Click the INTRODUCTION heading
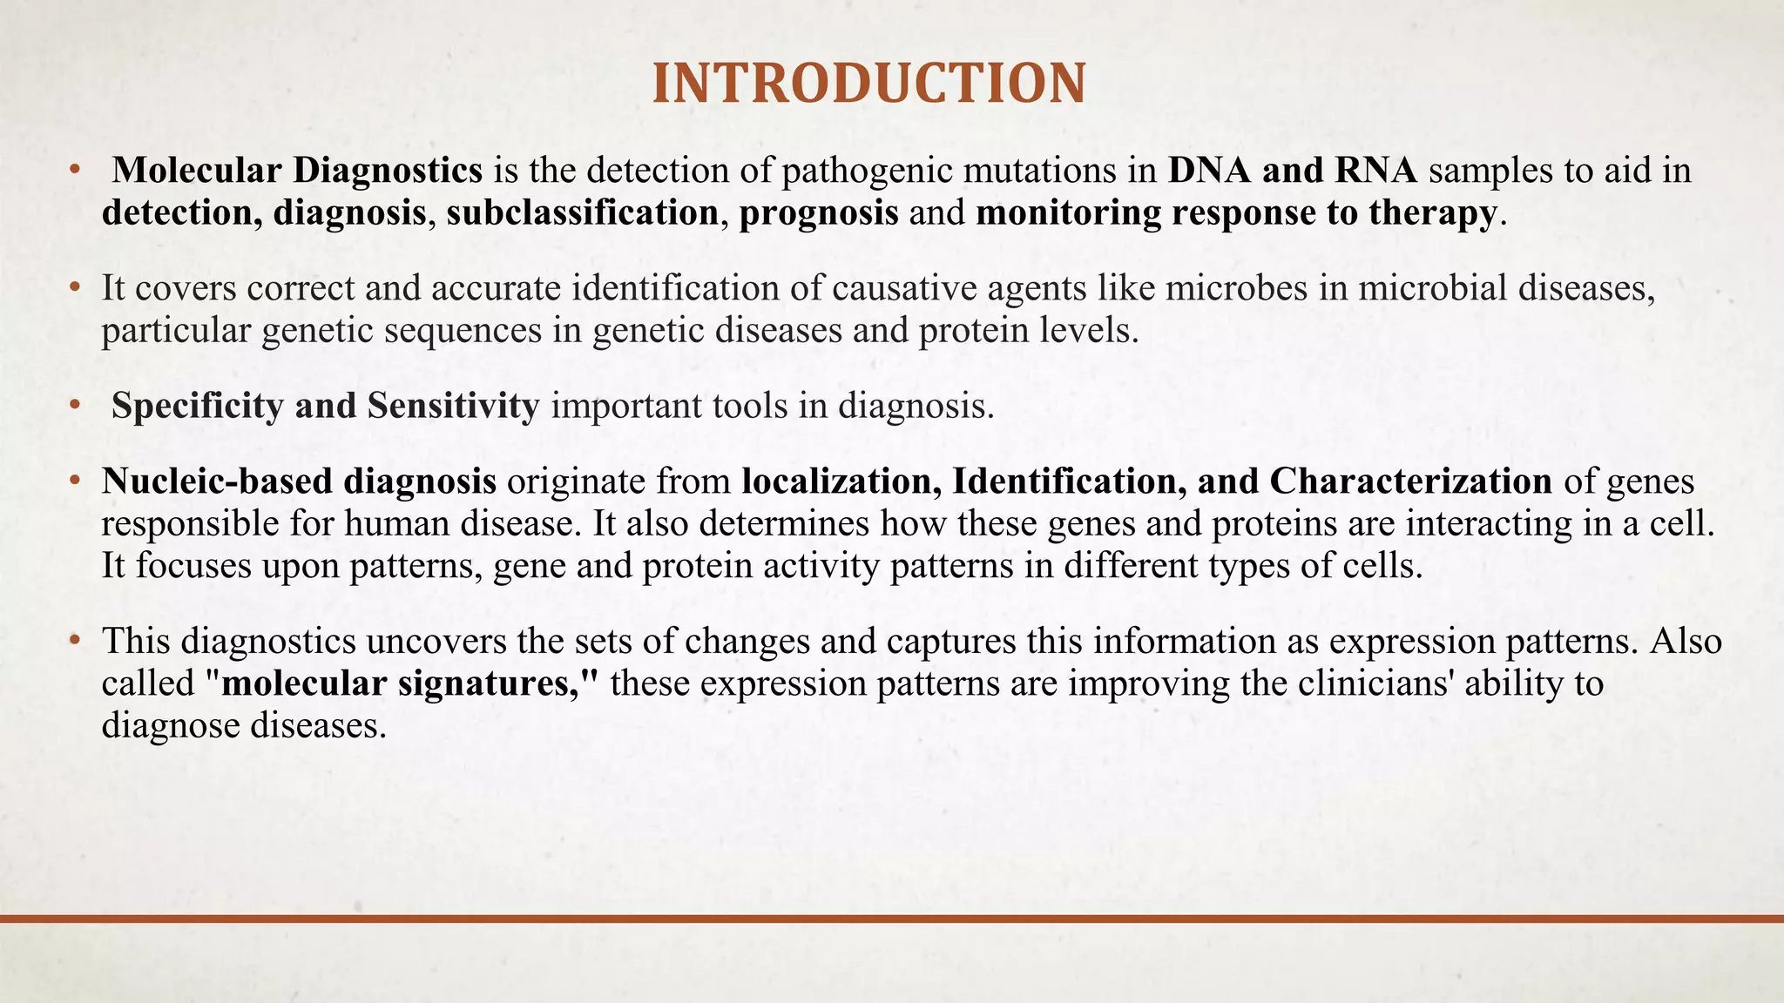(868, 84)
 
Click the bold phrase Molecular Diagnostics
(297, 170)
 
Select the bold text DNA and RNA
(1292, 170)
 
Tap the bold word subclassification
(583, 212)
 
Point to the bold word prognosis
(819, 212)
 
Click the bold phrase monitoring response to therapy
(1236, 212)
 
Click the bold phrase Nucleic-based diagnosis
(299, 481)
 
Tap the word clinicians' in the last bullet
(1375, 683)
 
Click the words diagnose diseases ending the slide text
(243, 725)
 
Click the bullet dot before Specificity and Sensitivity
(76, 406)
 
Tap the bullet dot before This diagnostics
(76, 641)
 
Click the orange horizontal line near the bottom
(892, 919)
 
